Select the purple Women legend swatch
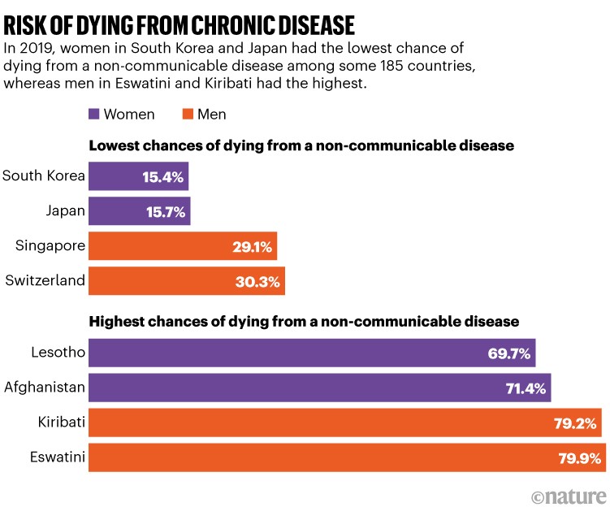coord(93,114)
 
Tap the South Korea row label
coord(44,175)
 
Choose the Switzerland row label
coord(45,280)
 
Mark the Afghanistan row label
coord(44,387)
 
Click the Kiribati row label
coord(61,422)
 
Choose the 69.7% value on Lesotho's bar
coord(510,353)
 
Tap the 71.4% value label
coord(526,388)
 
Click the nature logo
coord(569,496)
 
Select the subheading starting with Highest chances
coord(304,322)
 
